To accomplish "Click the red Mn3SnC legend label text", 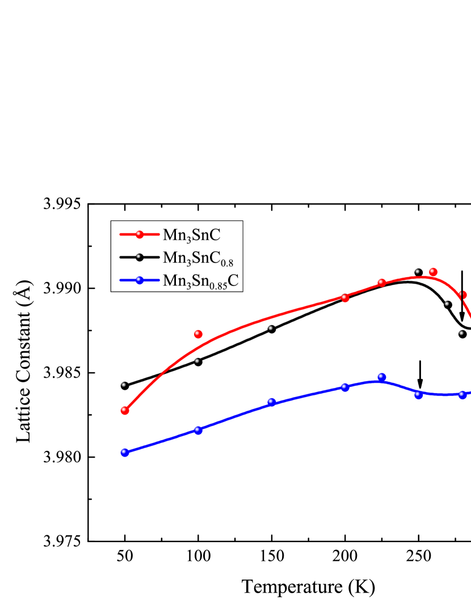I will click(x=191, y=235).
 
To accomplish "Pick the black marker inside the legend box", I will click(x=140, y=257).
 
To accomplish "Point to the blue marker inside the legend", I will click(x=140, y=280).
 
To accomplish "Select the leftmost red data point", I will click(x=125, y=411).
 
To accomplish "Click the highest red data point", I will click(x=434, y=272).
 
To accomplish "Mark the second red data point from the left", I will click(x=198, y=334).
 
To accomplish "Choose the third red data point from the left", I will click(x=345, y=298).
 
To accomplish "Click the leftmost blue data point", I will click(x=125, y=453).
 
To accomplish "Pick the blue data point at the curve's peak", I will click(x=382, y=377).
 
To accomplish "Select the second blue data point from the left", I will click(x=198, y=430).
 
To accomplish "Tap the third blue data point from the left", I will click(x=271, y=402).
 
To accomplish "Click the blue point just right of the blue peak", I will click(x=419, y=395).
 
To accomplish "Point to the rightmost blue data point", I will click(x=462, y=395).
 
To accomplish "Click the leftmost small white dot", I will click(x=123, y=385).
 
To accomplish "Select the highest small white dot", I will click(x=417, y=271).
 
